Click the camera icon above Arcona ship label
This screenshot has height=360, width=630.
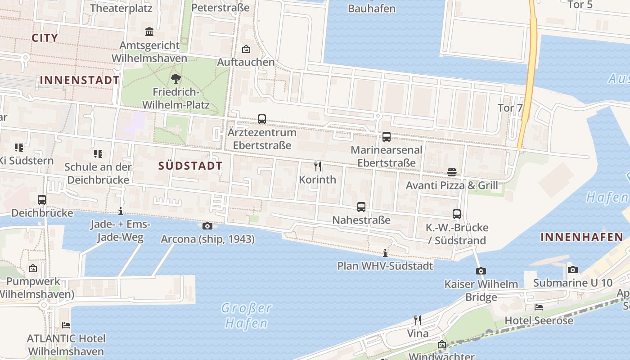[207, 226]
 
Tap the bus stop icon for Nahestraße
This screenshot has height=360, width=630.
[361, 207]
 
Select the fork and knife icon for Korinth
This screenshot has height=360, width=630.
[318, 166]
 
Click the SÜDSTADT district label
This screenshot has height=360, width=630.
[190, 166]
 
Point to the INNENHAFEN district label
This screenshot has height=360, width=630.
[582, 237]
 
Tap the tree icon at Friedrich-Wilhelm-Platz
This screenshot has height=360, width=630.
[176, 79]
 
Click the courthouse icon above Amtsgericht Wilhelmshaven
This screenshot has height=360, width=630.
[149, 32]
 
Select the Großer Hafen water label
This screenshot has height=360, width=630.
[247, 315]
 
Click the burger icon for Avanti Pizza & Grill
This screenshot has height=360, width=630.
[452, 172]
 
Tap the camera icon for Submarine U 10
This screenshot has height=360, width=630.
[572, 270]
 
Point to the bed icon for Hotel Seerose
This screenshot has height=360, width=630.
[539, 307]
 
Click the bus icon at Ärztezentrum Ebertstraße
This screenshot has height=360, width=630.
[262, 119]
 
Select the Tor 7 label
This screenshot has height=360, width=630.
[510, 108]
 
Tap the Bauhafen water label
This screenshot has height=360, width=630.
[372, 9]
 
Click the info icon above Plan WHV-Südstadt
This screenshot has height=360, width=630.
[385, 253]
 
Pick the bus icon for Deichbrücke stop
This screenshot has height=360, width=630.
[42, 199]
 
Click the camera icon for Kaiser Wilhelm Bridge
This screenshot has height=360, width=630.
[481, 271]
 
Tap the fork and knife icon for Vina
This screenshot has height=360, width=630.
[418, 320]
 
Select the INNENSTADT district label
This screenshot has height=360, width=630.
[80, 81]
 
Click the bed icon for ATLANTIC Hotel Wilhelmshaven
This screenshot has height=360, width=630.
[66, 325]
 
